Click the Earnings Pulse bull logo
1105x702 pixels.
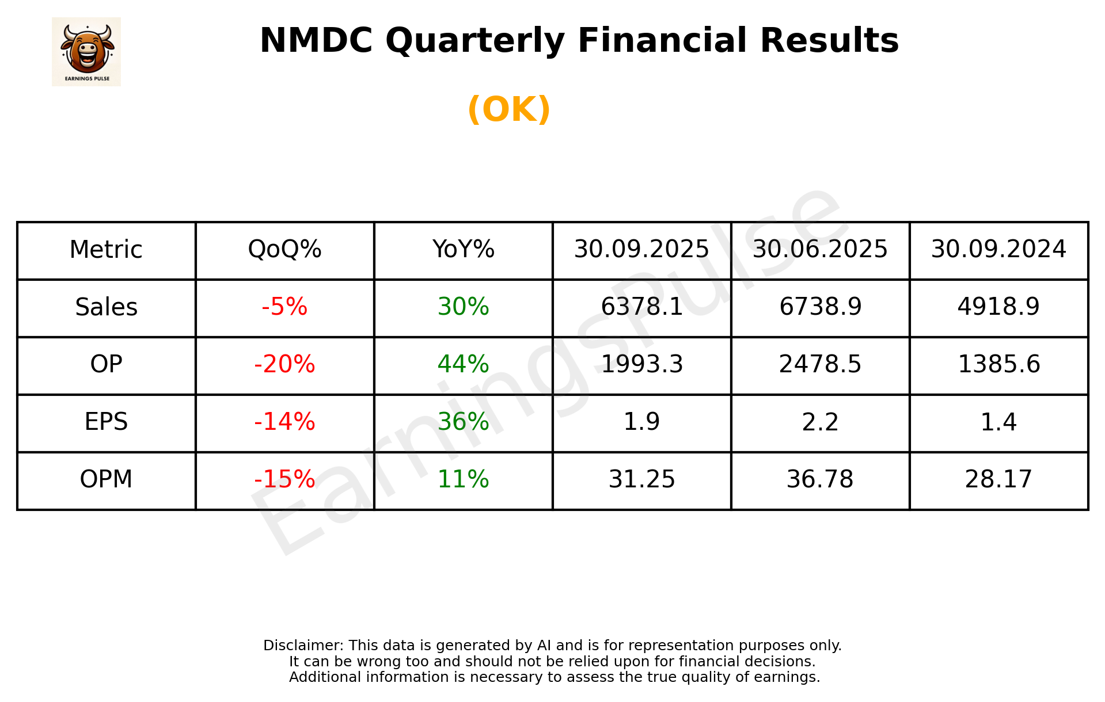tap(86, 51)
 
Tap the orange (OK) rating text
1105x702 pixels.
tap(509, 109)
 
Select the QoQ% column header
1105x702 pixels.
tap(284, 250)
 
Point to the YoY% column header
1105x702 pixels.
tap(463, 250)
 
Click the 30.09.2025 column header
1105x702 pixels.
tap(641, 250)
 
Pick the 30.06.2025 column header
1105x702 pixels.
tap(820, 250)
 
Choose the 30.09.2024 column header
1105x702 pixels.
tap(998, 250)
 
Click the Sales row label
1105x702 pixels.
tap(107, 307)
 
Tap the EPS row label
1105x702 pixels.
tap(107, 422)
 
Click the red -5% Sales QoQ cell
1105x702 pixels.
tap(284, 307)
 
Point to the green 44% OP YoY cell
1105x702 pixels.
tap(463, 365)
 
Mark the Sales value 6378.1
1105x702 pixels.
tap(641, 307)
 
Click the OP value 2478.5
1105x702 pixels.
tap(820, 365)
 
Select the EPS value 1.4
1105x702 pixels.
tap(998, 422)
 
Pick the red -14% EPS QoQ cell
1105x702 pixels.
tap(284, 422)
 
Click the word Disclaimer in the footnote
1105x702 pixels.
tap(303, 646)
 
